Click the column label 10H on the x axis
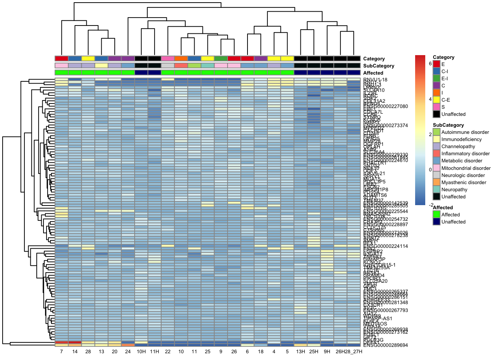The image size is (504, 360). tap(141, 352)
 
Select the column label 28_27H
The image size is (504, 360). tap(354, 352)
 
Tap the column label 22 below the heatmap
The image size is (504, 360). tap(168, 352)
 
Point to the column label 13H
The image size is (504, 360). tap(300, 352)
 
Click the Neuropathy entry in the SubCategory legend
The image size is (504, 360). tap(454, 190)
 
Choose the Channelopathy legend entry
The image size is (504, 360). tap(458, 147)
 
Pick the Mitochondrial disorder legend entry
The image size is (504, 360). tap(466, 168)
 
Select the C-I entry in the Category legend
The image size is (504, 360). tap(444, 72)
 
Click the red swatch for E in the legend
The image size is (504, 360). tap(436, 64)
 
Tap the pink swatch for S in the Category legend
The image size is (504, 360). tap(436, 107)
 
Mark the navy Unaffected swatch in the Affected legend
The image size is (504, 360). tap(436, 222)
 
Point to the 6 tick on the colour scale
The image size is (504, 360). tap(430, 64)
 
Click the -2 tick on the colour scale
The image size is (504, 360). tap(430, 205)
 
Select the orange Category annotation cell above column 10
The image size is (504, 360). tap(181, 58)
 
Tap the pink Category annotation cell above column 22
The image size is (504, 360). tap(168, 58)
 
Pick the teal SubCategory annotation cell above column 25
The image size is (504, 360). tap(207, 66)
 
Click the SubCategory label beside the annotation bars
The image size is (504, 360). tap(378, 66)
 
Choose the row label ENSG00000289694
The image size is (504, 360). tap(385, 345)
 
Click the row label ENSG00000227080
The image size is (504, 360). tap(385, 106)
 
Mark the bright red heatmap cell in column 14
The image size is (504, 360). tap(75, 342)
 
